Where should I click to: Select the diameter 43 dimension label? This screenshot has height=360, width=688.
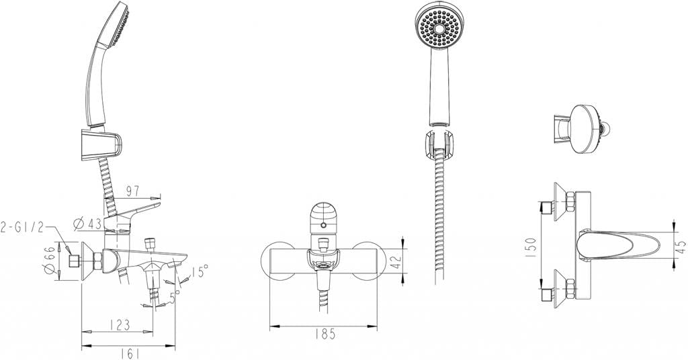click(85, 222)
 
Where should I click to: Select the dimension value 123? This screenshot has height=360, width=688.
click(119, 324)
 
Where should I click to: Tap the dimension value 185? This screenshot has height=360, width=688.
click(324, 333)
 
